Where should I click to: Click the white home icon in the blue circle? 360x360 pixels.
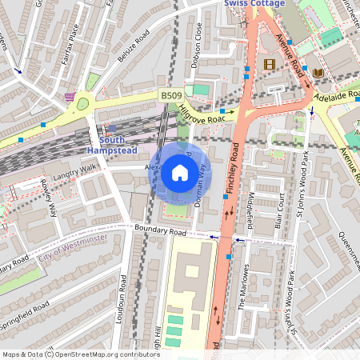coord(180,173)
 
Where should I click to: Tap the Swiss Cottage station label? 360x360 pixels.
coord(254,4)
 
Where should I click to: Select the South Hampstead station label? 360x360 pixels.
coord(113,144)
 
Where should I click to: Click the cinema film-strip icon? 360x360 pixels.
coord(269,64)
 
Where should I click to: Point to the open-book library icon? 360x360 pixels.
coord(318,73)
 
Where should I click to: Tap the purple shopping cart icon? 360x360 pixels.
coord(70,97)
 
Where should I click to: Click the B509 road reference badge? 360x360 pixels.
coord(170,95)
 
